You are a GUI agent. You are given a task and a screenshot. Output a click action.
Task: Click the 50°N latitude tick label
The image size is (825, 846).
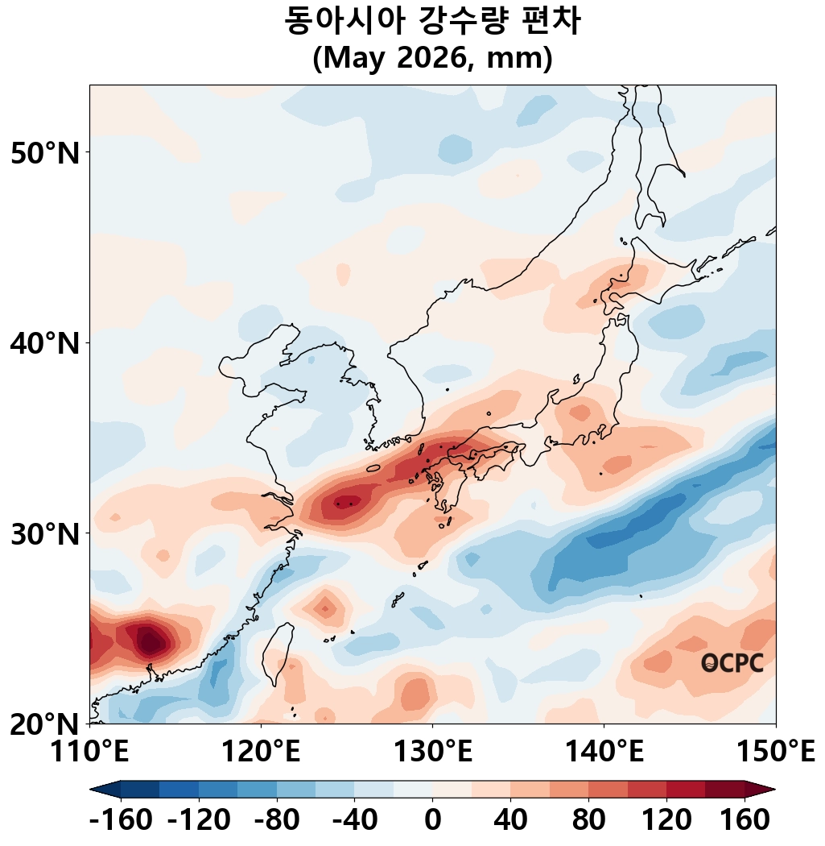[45, 153]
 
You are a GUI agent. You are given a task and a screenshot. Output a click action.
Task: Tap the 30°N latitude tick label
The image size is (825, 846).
[45, 534]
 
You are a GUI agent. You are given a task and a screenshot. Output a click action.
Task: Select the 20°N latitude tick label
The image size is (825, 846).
[45, 724]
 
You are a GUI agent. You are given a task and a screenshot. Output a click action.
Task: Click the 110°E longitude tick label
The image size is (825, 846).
[90, 753]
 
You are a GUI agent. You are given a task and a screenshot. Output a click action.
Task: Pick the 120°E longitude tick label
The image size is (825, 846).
[261, 753]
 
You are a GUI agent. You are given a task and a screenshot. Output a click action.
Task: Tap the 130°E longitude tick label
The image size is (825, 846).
[432, 753]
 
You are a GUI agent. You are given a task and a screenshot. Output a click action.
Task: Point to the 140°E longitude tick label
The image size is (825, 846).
[604, 753]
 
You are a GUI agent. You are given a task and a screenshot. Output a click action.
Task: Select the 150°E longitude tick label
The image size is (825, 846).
[775, 753]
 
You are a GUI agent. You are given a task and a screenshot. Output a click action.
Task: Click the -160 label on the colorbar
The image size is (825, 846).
[121, 821]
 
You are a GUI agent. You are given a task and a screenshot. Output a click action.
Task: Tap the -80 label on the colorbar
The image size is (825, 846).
[277, 821]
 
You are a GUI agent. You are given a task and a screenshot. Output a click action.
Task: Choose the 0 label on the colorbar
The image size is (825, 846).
[432, 821]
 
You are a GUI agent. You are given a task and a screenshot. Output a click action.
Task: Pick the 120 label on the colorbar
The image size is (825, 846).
[666, 821]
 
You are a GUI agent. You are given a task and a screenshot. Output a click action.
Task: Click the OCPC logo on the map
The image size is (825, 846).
[732, 663]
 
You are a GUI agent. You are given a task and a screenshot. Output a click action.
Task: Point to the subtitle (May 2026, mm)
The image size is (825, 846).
[432, 59]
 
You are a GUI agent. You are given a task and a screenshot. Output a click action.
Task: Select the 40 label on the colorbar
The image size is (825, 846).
[510, 821]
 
